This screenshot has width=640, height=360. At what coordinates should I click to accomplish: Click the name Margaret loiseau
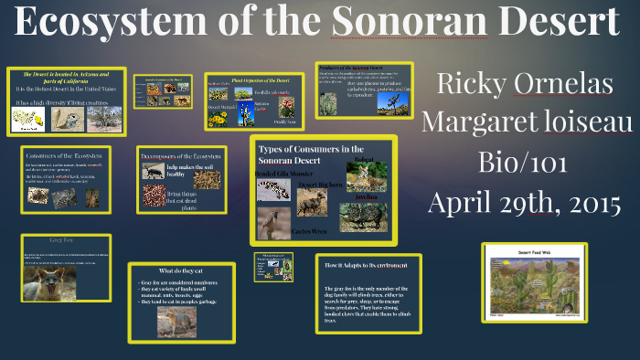point(525,122)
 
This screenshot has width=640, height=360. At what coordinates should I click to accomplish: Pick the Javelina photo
point(363,217)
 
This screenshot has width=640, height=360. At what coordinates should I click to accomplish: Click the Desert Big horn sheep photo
point(314,202)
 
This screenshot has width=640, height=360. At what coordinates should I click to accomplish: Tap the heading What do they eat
point(182,270)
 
